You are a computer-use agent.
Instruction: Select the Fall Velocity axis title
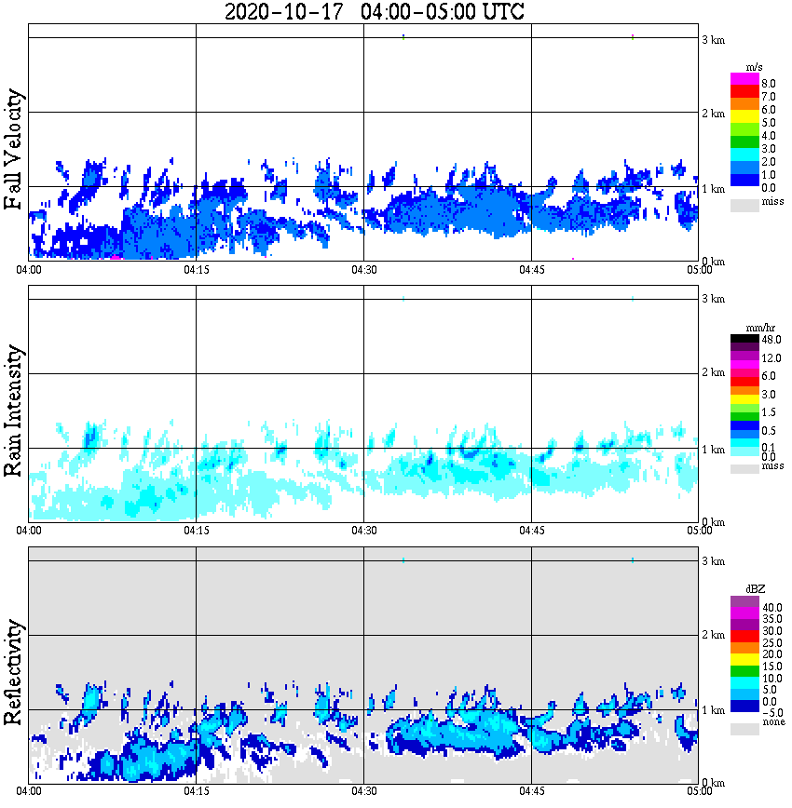coord(14,150)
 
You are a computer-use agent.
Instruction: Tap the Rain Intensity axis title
coord(14,411)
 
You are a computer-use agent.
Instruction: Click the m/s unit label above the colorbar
coord(755,66)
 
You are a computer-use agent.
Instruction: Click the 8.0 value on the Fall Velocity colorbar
coord(770,83)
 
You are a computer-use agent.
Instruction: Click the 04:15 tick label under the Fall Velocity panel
coord(196,270)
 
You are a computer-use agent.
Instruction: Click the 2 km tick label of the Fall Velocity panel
coord(713,114)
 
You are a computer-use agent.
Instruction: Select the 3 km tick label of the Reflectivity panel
coord(713,561)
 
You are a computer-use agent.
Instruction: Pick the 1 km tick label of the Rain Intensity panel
coord(713,450)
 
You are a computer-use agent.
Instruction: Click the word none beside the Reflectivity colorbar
coord(772,722)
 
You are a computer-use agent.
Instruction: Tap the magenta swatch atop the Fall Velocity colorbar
coord(744,78)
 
